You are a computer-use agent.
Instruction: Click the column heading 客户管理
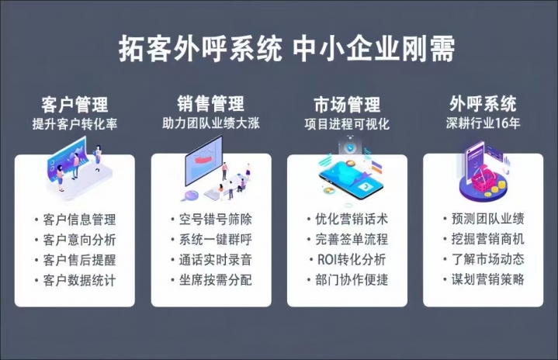pos(75,104)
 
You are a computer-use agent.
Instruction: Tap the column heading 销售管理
pos(210,103)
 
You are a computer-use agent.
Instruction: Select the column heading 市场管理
pos(347,104)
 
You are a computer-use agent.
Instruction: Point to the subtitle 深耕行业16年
pos(483,123)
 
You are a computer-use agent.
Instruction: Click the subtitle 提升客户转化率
pos(75,124)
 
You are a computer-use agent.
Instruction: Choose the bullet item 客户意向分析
pos(79,240)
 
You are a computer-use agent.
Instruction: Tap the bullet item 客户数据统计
pos(79,280)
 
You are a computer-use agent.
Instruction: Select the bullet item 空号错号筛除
pos(216,219)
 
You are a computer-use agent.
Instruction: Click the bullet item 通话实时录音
pos(216,260)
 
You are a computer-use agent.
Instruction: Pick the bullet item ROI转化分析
pos(352,259)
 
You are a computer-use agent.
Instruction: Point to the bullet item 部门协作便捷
pos(352,279)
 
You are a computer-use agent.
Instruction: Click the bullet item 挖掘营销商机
pos(488,239)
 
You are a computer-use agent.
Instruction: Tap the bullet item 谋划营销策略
pos(488,279)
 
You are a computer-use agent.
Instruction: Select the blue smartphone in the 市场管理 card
pos(351,180)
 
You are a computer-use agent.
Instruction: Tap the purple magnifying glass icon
pos(191,196)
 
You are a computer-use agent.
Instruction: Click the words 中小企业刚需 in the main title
pos(374,48)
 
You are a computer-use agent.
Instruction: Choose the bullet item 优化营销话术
pos(352,219)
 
